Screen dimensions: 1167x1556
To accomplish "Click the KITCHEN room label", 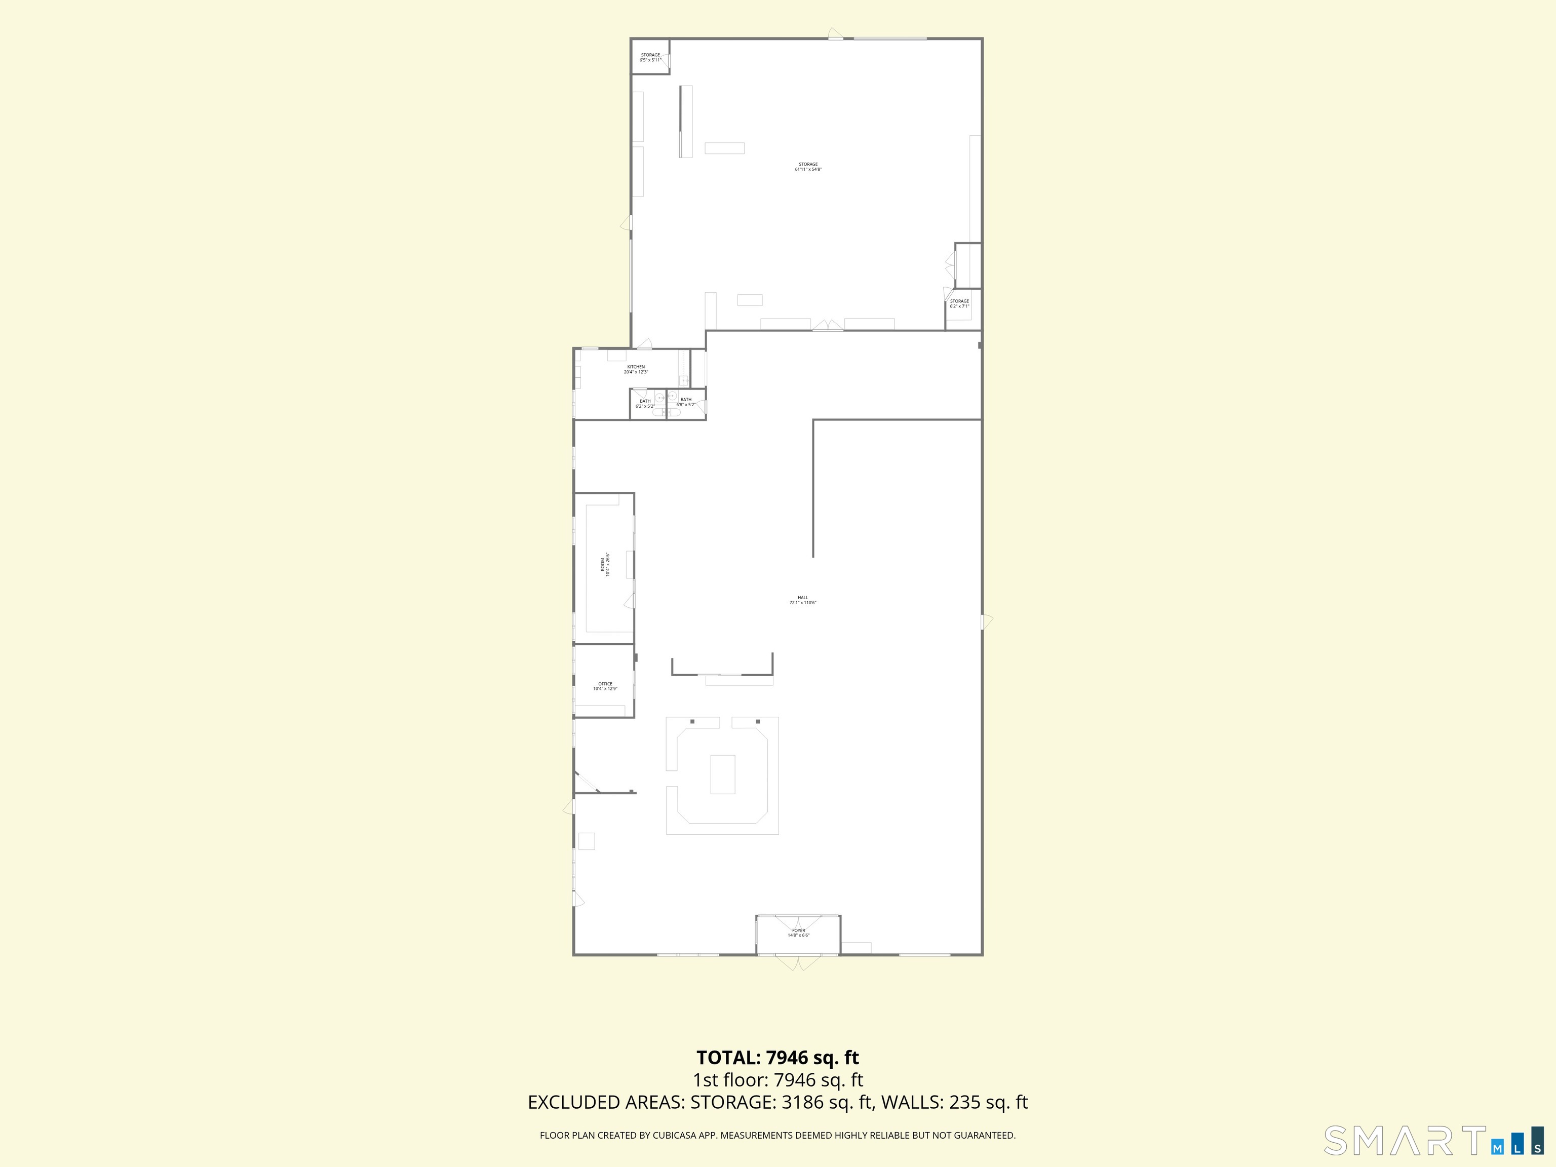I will click(636, 369).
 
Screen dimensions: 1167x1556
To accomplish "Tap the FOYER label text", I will click(798, 933).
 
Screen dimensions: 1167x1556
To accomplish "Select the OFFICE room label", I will click(605, 686).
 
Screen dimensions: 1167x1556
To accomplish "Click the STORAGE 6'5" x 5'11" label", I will click(650, 57).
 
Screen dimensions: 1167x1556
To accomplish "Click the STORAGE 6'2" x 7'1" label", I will click(959, 303).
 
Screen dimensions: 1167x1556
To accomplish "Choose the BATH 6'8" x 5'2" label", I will click(686, 402).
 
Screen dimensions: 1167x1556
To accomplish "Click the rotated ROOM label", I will click(605, 564).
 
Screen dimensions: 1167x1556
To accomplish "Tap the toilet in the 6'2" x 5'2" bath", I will click(658, 412).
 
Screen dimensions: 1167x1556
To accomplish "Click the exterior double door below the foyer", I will click(798, 961).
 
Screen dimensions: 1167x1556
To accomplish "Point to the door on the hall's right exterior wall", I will click(986, 621).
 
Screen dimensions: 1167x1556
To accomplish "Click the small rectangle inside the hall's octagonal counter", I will click(722, 774).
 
